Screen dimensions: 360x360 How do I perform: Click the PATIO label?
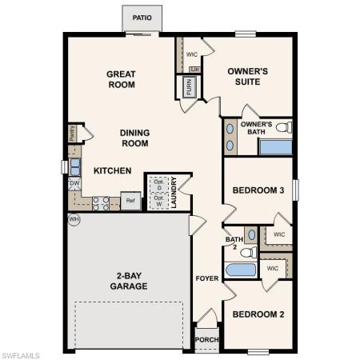point(142,17)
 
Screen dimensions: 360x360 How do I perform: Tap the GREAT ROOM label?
point(122,79)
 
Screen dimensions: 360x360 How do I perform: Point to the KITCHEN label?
point(112,170)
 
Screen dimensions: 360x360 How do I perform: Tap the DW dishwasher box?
point(74,183)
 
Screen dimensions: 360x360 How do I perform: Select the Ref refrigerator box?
point(130,201)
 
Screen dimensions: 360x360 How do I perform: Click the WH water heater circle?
point(74,219)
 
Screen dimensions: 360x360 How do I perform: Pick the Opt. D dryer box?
point(159,183)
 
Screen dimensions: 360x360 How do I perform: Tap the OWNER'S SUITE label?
point(247,76)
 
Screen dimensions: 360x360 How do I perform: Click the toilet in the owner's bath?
point(282,127)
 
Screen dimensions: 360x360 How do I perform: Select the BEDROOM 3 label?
point(258,190)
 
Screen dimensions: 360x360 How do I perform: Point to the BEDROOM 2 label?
point(258,314)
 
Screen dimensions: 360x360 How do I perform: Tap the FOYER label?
point(207,278)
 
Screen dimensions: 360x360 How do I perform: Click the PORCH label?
point(206,339)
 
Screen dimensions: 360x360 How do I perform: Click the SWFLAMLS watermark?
point(22,353)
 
